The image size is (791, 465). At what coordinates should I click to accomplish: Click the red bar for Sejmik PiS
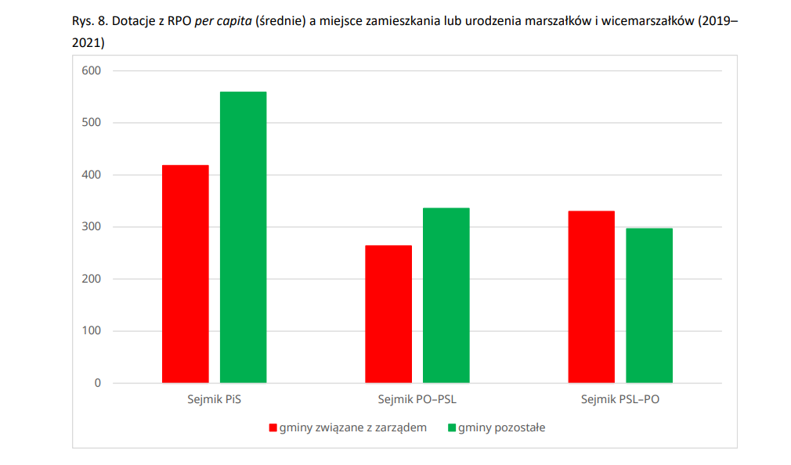(x=186, y=274)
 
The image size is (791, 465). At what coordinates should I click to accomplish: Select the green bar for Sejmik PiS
(x=243, y=237)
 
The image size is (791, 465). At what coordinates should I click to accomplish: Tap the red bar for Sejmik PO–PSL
(x=388, y=314)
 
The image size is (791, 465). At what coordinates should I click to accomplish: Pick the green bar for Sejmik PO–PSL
(x=446, y=295)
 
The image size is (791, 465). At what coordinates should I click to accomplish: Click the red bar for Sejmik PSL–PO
(x=591, y=297)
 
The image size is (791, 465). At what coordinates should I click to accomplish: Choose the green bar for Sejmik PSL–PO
(x=649, y=305)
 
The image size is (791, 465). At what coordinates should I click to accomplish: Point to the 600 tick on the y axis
(x=92, y=71)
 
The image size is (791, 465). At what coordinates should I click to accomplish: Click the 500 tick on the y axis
(x=92, y=123)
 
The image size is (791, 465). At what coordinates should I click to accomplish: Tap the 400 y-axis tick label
(x=92, y=175)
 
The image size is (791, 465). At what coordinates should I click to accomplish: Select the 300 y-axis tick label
(x=92, y=227)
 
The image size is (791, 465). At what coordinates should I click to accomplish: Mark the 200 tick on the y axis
(x=92, y=279)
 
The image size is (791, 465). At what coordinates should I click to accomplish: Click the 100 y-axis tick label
(x=92, y=331)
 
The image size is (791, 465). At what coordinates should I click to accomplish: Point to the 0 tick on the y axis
(x=98, y=383)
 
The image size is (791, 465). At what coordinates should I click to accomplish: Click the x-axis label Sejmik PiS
(x=214, y=400)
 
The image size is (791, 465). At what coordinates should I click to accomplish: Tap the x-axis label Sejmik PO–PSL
(x=417, y=400)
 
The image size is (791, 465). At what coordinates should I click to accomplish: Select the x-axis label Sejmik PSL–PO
(x=620, y=400)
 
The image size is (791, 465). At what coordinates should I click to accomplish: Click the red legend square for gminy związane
(x=273, y=428)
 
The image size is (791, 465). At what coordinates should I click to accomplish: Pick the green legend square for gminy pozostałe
(x=451, y=428)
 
